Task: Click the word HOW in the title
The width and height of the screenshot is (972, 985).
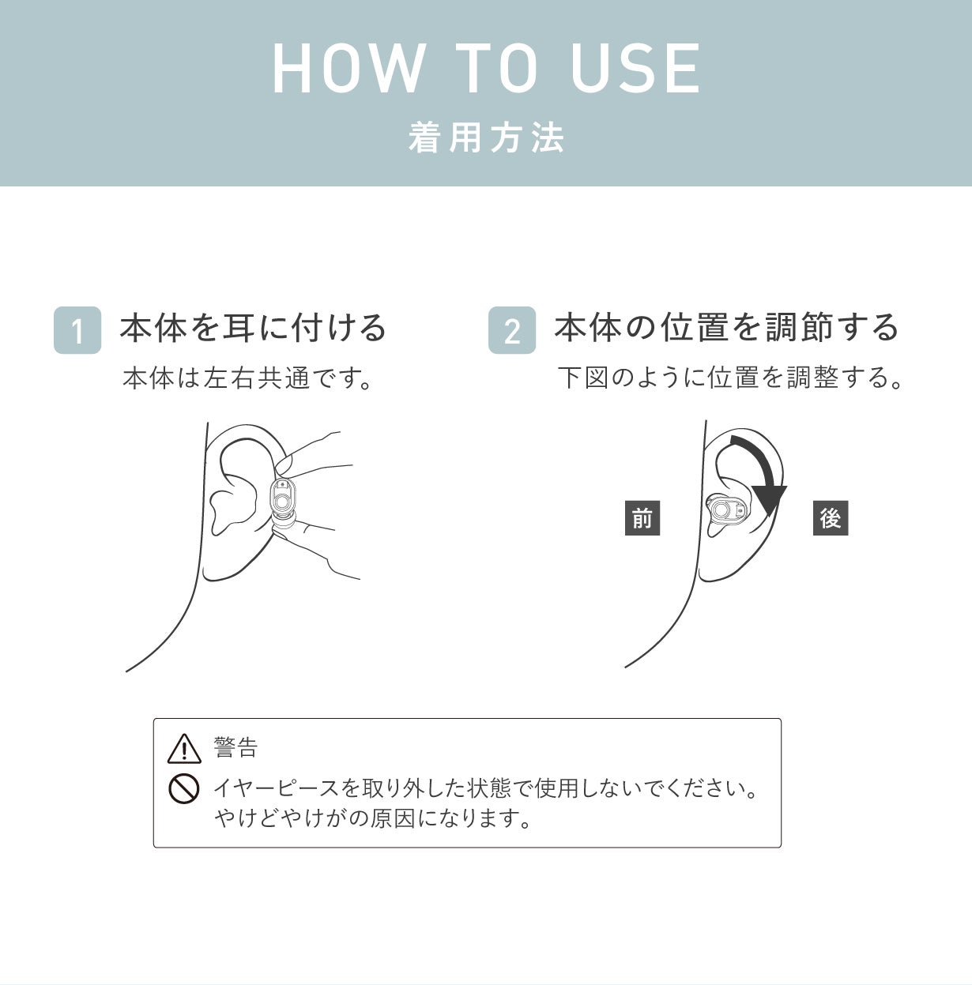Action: point(348,69)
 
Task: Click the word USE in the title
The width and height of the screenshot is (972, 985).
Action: point(635,69)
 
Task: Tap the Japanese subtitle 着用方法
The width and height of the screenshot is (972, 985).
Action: point(486,138)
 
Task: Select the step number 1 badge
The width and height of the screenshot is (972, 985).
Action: point(77,330)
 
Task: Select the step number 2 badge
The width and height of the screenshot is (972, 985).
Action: point(512,330)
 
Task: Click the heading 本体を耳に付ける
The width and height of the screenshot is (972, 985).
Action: point(253,328)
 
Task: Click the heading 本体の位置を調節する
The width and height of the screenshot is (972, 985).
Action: point(727,328)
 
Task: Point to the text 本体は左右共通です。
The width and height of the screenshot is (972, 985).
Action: point(248,378)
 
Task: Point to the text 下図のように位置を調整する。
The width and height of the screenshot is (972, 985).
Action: point(731,378)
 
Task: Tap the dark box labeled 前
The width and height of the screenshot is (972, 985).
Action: point(642,518)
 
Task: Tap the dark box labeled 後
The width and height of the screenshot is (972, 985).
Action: point(830,518)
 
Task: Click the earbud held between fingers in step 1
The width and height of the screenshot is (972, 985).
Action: point(283,499)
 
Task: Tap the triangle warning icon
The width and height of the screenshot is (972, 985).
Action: point(184,748)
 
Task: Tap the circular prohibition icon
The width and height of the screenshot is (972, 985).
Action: point(183,788)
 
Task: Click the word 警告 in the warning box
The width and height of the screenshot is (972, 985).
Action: point(235,747)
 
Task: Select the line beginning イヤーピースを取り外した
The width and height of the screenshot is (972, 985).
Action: point(485,788)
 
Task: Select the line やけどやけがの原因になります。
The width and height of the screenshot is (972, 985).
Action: point(373,818)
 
